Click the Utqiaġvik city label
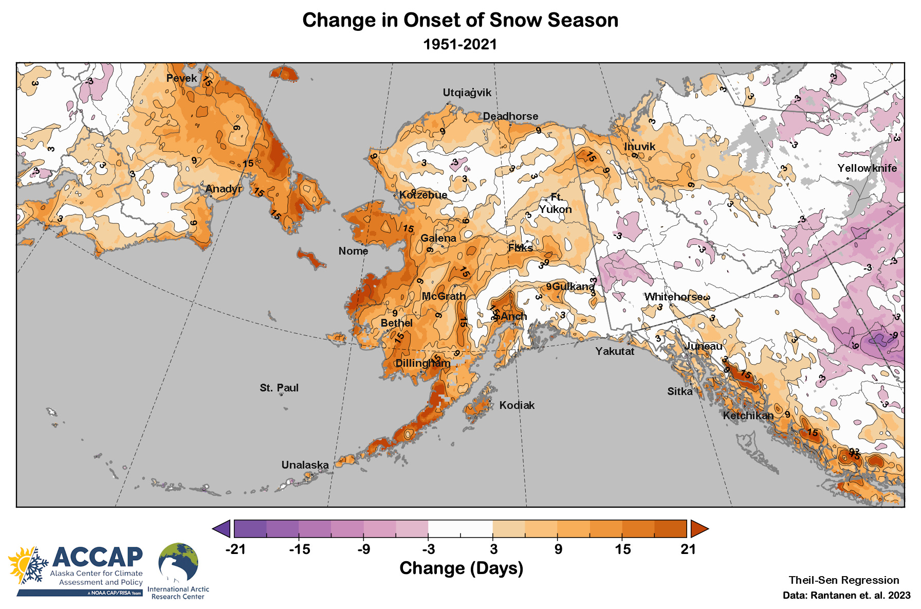point(467,93)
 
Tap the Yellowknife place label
point(867,168)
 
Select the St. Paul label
point(279,388)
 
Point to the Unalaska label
point(305,465)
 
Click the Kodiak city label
point(517,405)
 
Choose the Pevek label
point(181,78)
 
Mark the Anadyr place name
point(223,189)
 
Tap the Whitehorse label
point(673,297)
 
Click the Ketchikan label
point(748,416)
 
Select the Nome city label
point(353,251)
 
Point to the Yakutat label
point(615,351)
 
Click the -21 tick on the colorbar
point(235,549)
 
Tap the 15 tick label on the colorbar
point(622,549)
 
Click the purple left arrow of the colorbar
point(222,528)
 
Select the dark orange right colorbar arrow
point(699,528)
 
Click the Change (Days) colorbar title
point(461,568)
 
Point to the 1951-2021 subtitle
point(460,44)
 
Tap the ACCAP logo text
point(97,557)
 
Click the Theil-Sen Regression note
point(844,580)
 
